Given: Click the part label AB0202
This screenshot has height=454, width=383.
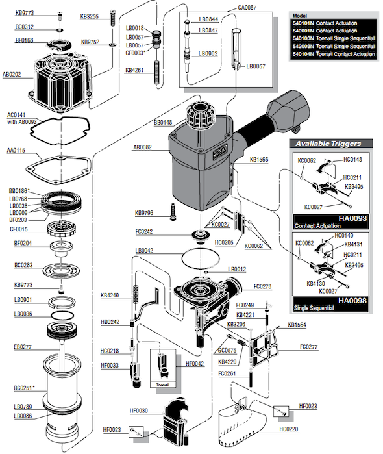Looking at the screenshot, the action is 12,75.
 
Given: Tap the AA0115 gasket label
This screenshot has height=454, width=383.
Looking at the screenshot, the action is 16,150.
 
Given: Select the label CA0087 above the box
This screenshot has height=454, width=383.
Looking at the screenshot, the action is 247,8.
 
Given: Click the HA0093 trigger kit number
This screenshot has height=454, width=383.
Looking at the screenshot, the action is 352,218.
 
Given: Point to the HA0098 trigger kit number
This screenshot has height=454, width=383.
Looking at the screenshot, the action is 352,301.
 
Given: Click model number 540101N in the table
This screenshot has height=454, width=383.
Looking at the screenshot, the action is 303,23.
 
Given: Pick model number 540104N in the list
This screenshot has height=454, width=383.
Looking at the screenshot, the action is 303,54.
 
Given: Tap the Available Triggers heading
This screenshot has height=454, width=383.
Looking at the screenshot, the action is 328,144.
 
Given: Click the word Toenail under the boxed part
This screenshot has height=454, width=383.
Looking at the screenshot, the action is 162,385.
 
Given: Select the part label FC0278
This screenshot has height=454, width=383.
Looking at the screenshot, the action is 262,286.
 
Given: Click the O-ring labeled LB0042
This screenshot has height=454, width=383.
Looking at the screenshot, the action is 201,259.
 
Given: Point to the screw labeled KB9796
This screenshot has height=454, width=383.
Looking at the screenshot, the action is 173,212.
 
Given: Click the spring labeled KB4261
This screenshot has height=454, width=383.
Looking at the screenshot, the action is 156,73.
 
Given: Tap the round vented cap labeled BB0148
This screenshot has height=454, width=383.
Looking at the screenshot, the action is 200,115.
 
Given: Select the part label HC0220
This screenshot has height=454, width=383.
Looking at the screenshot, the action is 289,429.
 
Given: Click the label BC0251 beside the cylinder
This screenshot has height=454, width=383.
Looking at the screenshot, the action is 23,388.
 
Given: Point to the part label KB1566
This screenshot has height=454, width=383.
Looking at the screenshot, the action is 259,160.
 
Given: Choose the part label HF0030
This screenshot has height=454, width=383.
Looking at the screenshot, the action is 139,410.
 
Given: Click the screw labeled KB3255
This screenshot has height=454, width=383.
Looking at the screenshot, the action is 113,18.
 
